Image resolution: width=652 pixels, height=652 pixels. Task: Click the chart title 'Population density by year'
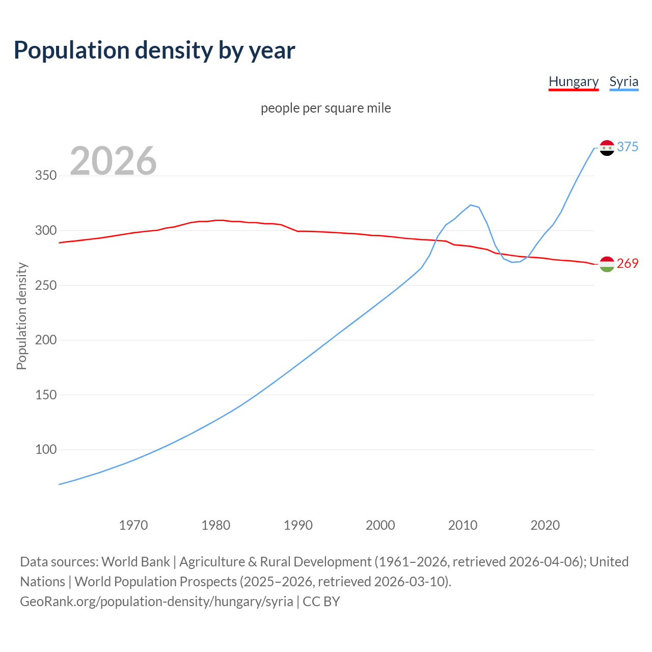(154, 50)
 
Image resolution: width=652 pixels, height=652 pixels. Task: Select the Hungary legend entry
(573, 81)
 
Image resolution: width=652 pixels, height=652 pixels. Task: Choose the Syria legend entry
(623, 81)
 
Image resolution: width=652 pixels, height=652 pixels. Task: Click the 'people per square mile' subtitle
(325, 108)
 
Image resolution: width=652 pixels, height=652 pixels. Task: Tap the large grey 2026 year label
(113, 161)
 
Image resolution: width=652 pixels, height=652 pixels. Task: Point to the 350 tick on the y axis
(45, 176)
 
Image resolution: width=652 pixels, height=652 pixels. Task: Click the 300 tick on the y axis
(45, 230)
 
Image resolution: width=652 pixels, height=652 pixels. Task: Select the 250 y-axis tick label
(45, 285)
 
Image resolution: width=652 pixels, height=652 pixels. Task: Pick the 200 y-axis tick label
(45, 340)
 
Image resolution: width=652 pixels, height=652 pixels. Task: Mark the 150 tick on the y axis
(45, 395)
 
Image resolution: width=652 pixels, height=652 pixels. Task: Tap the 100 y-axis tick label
(45, 449)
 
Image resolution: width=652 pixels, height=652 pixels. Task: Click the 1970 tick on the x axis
(133, 525)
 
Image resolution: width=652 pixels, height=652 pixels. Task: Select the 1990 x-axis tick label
(298, 525)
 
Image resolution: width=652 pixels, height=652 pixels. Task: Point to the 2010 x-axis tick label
(463, 525)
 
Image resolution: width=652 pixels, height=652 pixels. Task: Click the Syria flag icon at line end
(607, 148)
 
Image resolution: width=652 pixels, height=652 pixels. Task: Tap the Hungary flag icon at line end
(607, 264)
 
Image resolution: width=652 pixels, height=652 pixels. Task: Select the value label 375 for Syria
(627, 147)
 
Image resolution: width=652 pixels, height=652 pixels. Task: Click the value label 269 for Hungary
(627, 263)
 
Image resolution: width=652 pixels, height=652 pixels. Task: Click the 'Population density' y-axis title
(21, 316)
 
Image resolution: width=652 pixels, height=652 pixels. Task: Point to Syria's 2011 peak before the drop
(471, 205)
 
